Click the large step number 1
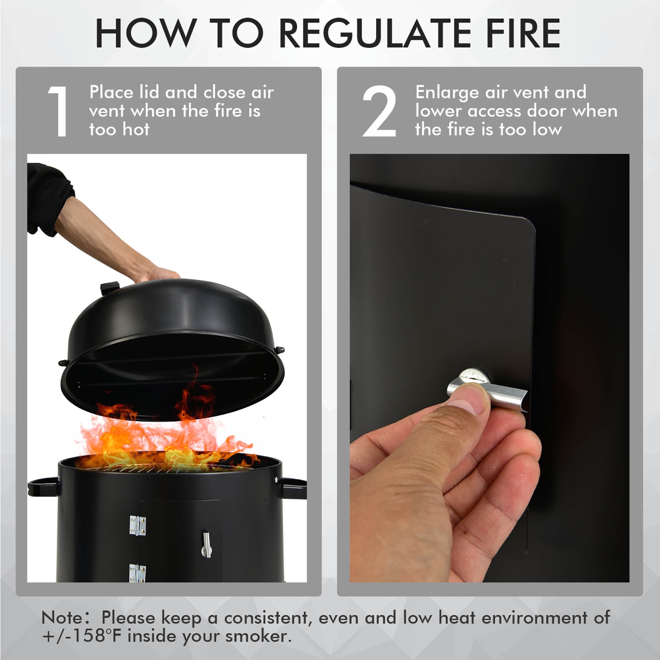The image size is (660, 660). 58,112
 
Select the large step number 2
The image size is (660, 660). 379,112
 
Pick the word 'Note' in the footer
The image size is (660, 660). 61,618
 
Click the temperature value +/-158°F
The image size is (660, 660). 82,636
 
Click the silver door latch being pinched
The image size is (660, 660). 488,387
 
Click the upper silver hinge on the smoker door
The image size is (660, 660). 137,525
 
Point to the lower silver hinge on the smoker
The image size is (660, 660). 137,572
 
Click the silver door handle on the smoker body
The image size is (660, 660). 206,544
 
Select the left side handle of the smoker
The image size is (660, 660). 42,486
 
